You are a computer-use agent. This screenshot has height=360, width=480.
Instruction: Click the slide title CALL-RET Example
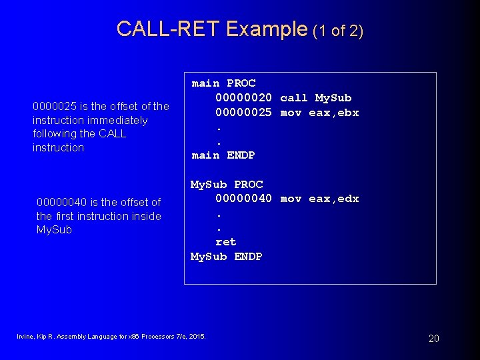coord(211,29)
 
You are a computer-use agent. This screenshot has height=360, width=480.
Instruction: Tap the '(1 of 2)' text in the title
coord(337,31)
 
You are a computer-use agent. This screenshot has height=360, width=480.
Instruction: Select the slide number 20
coord(433,339)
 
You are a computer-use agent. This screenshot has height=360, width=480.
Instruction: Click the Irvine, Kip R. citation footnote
coord(111,336)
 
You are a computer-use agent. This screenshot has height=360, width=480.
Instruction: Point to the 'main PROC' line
coord(223,83)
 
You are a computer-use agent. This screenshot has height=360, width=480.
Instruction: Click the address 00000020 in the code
coord(243,98)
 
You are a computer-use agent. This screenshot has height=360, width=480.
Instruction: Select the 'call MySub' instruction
coord(316,98)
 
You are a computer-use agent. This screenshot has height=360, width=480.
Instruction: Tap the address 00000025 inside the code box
coord(243,113)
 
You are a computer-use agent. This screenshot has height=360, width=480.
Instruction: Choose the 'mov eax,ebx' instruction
coord(319,113)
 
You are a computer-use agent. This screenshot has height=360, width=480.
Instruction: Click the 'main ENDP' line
coord(223,155)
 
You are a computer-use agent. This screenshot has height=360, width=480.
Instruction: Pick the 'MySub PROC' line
coord(227,185)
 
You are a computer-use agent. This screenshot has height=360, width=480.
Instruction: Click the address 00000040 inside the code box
coord(243,199)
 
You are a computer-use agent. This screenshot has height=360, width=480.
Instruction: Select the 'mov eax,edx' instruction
coord(319,199)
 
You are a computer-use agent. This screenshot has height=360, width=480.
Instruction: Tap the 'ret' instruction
coord(226,242)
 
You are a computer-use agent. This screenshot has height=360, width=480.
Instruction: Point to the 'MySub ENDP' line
coord(227,257)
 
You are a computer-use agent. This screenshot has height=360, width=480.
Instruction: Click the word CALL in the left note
coord(112,134)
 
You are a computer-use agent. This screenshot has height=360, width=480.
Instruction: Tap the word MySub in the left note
coord(54,230)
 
